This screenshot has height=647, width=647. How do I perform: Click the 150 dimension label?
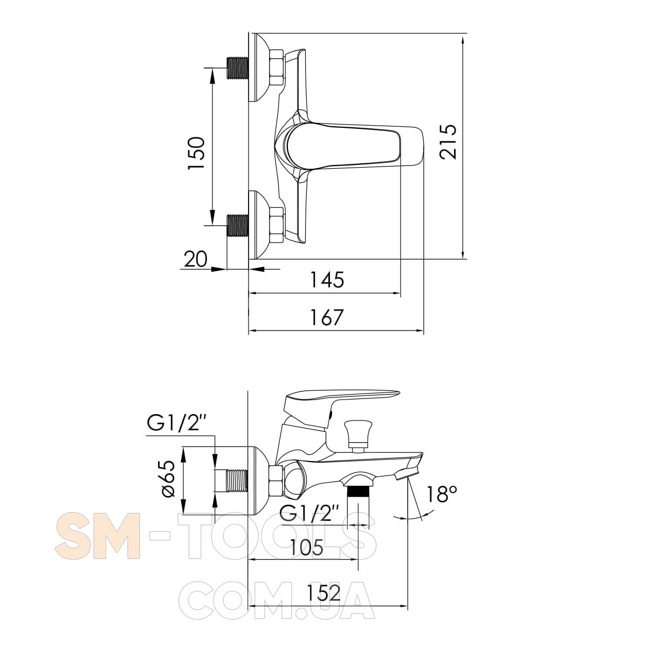[x=196, y=153]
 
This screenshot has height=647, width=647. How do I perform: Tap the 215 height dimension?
[x=448, y=142]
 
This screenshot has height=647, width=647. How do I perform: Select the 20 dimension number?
[x=196, y=259]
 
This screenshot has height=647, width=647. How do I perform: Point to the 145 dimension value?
[x=327, y=280]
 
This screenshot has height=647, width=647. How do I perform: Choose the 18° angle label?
[x=442, y=494]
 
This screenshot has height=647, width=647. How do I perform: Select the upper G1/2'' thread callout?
[x=176, y=424]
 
